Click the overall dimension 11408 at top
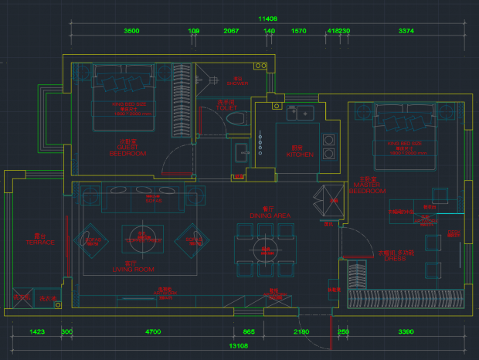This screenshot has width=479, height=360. tap(267, 18)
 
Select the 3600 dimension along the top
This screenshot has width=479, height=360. tap(131, 31)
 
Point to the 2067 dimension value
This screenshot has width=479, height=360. tap(230, 31)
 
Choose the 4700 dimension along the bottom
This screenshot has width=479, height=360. tap(152, 331)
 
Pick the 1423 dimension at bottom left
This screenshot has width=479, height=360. tap(36, 331)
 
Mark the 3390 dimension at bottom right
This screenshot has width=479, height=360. tap(405, 331)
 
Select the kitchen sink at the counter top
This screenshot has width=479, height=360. tap(299, 114)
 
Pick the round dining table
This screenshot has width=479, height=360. tap(265, 250)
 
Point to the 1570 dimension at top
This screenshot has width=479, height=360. tap(298, 31)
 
